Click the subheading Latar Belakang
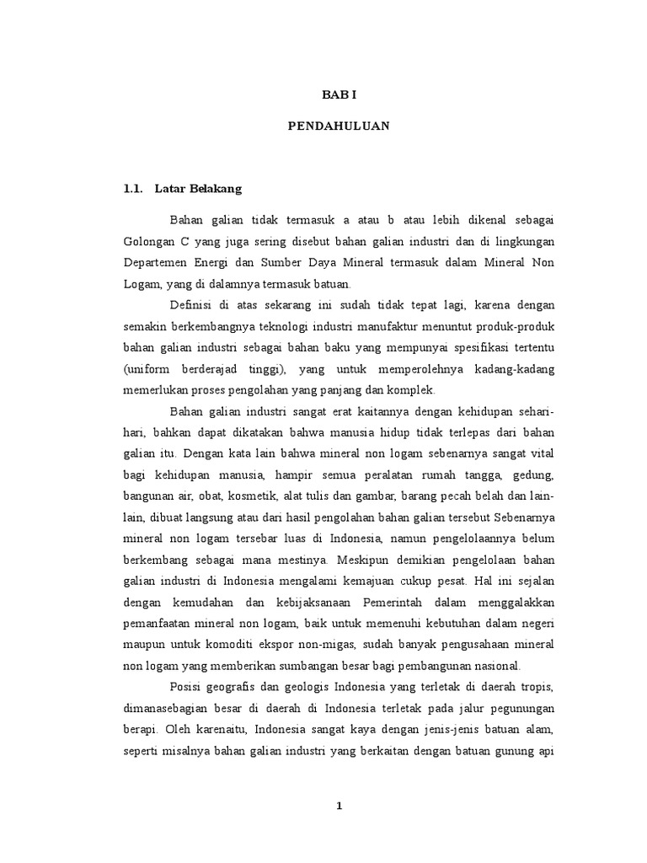click(198, 188)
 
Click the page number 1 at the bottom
click(339, 806)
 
